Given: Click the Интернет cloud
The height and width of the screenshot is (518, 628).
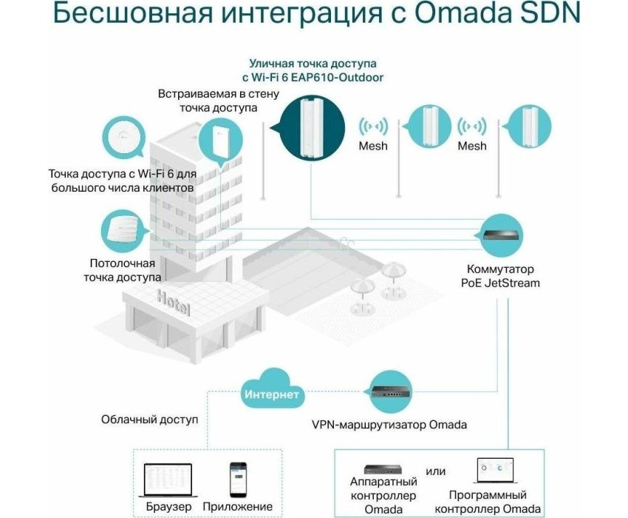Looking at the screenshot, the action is pyautogui.click(x=272, y=391).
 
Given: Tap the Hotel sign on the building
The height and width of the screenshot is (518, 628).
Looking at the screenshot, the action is pyautogui.click(x=173, y=302).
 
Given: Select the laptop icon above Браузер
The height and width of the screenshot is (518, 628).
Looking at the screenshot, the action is pyautogui.click(x=168, y=481).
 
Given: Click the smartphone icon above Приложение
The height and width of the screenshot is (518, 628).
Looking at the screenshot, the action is pyautogui.click(x=238, y=480).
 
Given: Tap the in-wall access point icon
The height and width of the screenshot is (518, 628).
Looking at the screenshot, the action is pyautogui.click(x=221, y=141).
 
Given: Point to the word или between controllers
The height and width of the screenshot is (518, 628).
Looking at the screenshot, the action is pyautogui.click(x=435, y=471).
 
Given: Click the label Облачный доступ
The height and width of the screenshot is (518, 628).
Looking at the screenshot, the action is pyautogui.click(x=149, y=420).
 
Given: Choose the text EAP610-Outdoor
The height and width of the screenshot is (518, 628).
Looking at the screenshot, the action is pyautogui.click(x=337, y=78).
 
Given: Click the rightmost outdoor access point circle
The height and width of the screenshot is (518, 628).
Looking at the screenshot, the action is pyautogui.click(x=530, y=126).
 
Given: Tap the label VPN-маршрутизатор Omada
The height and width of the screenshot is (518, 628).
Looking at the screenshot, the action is pyautogui.click(x=389, y=425).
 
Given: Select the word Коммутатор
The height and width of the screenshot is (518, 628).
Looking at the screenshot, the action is pyautogui.click(x=500, y=269).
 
